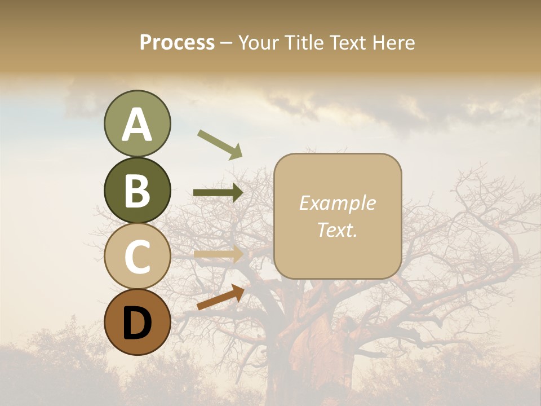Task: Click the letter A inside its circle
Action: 137,124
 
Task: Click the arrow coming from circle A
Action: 219,144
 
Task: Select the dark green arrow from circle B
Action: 218,193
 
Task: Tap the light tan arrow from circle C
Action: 218,254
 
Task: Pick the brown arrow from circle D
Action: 220,297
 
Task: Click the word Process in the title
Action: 177,42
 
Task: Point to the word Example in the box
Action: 337,203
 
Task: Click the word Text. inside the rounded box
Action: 337,230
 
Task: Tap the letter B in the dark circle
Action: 137,191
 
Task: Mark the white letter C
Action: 137,257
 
